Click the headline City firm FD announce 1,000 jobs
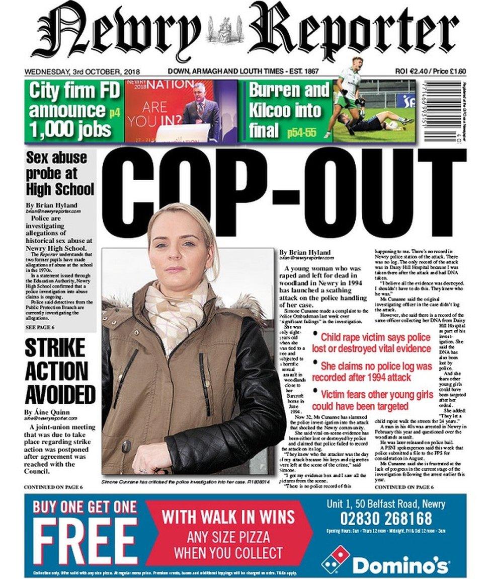tap(74, 111)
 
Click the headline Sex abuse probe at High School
tap(60, 174)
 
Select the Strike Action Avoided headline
tap(60, 372)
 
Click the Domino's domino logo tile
tap(336, 558)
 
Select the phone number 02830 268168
tap(386, 518)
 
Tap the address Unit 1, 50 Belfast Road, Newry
tap(385, 503)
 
